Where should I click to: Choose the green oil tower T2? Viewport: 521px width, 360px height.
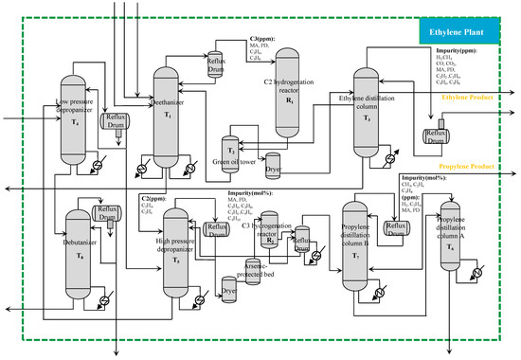click(x=229, y=152)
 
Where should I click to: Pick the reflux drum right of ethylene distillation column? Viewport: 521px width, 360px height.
click(x=438, y=135)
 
